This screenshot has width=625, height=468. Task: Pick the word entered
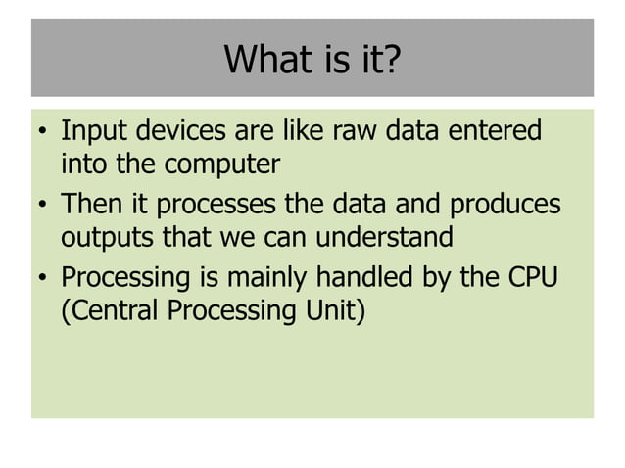[x=496, y=131]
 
